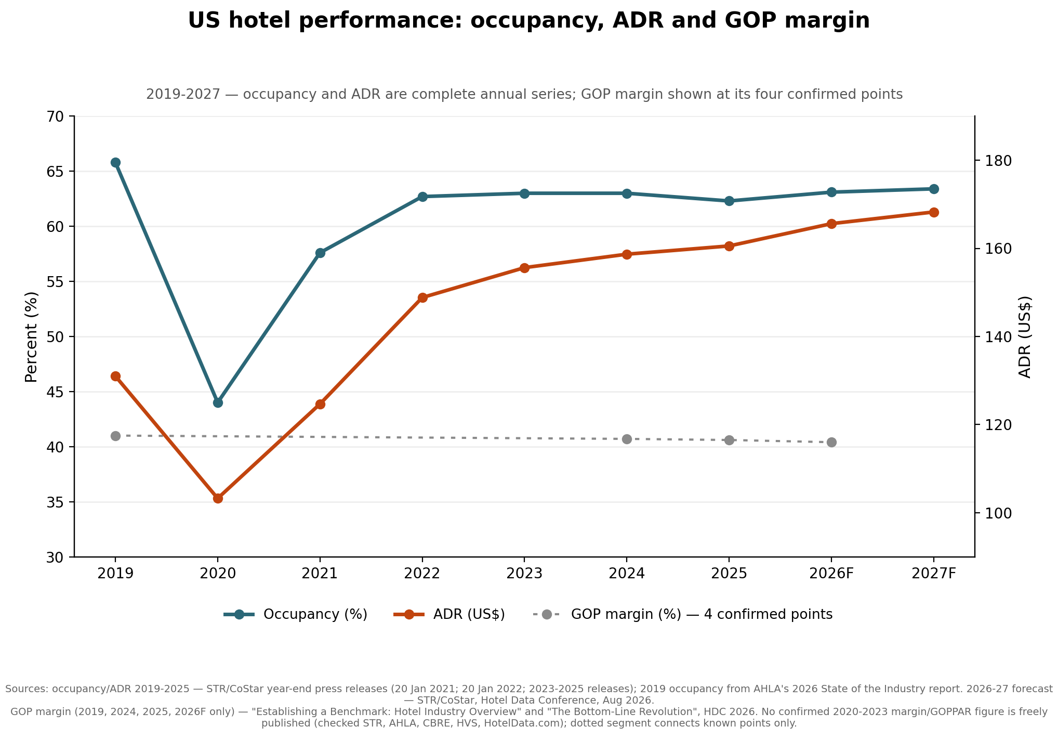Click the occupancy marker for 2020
[218, 403]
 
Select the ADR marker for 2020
[218, 498]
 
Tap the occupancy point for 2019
[115, 162]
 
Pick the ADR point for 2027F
[933, 212]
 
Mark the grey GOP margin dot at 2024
[627, 439]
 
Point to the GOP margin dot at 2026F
[831, 442]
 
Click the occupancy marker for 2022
[422, 197]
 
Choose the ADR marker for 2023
[524, 268]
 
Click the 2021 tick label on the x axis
[320, 574]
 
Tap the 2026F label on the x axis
[831, 574]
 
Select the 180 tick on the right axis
[995, 161]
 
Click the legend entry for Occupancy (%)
[296, 614]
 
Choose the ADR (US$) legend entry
[449, 614]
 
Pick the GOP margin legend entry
[683, 614]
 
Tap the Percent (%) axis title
[32, 337]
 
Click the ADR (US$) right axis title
[1024, 337]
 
